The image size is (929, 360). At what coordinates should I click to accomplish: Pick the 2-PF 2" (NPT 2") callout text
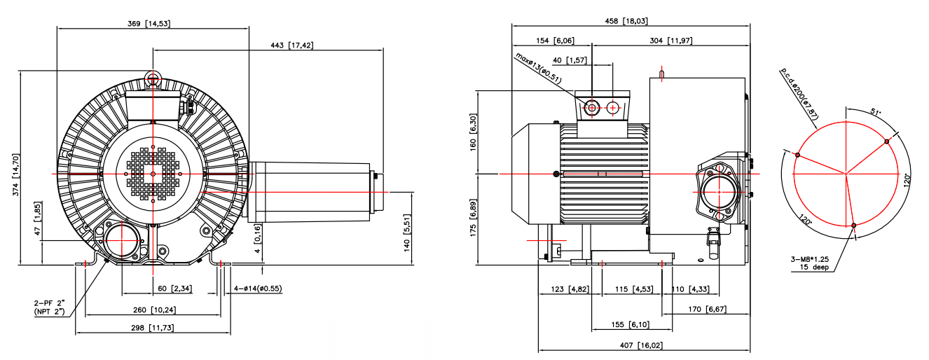click(49, 307)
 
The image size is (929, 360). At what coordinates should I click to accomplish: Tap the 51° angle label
click(875, 113)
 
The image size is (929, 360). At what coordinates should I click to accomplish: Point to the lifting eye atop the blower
click(153, 77)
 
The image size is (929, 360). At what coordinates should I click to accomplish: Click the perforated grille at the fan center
click(153, 174)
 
